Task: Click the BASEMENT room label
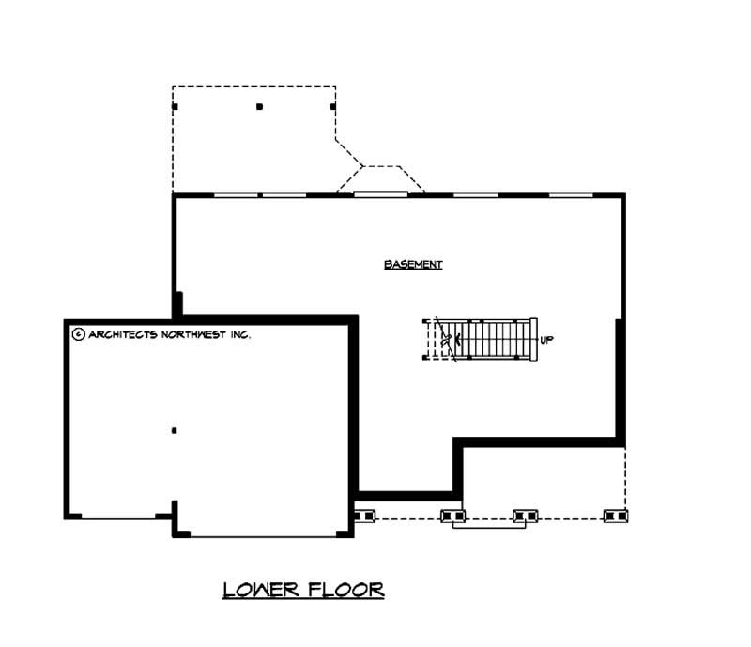413,265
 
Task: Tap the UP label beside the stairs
547,340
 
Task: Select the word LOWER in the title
262,590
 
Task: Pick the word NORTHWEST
196,333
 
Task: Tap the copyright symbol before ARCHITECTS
78,333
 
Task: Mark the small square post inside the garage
174,431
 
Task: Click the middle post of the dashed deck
259,106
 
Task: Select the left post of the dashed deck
176,106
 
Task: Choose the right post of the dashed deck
332,106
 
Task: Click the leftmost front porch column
364,515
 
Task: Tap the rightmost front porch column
616,515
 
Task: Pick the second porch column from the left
452,515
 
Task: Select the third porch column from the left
526,515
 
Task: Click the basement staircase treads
493,339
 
